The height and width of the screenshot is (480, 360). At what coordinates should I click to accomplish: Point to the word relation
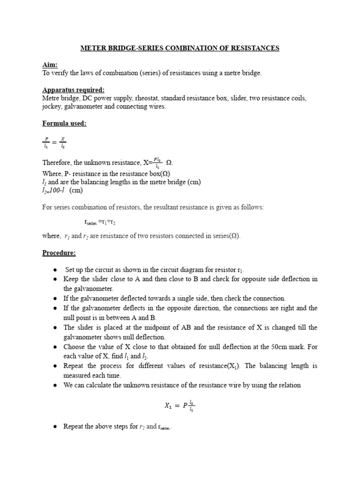[288, 385]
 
